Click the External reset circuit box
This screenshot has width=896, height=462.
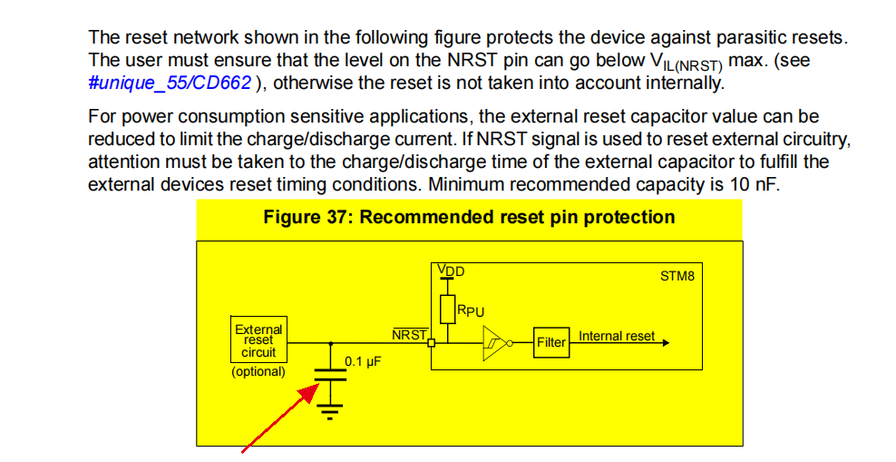pos(258,340)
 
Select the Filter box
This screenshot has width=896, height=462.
pos(550,342)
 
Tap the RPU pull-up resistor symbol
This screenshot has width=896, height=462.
pos(446,308)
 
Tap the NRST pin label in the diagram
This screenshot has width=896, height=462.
pos(409,335)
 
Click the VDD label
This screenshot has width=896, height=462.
pos(451,270)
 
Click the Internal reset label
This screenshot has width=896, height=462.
pos(617,336)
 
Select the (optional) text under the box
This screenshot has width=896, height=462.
pos(258,371)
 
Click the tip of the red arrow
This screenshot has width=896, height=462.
pos(315,386)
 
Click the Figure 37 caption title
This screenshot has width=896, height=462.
pos(469,218)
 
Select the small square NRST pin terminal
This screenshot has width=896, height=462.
pos(432,343)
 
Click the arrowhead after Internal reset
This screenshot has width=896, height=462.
pos(667,343)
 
